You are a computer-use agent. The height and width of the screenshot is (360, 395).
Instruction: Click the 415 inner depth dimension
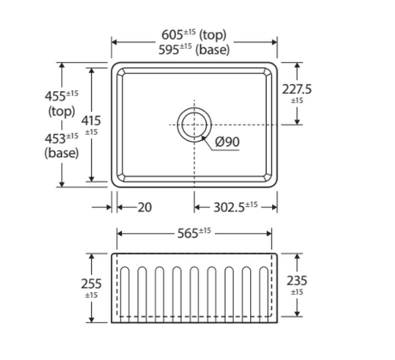[91, 120]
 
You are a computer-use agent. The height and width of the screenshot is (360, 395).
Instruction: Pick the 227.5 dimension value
[297, 89]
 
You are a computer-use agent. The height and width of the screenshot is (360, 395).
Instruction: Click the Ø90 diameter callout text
[228, 142]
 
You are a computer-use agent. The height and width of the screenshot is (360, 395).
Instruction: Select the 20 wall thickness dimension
[145, 207]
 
